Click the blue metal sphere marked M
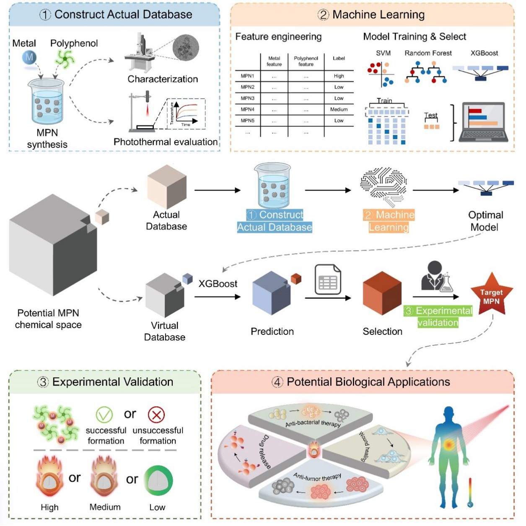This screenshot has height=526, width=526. (x=29, y=57)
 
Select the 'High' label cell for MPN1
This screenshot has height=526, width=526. (x=339, y=76)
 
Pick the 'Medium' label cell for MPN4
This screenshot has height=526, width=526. (x=339, y=109)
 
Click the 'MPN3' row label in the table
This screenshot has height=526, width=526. (x=247, y=98)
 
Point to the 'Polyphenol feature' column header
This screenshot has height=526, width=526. (x=306, y=61)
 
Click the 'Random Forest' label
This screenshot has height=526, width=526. (x=428, y=53)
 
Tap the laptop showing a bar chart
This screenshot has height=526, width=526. (x=483, y=122)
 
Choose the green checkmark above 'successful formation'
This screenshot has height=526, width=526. (x=104, y=415)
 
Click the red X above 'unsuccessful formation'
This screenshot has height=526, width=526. (x=156, y=415)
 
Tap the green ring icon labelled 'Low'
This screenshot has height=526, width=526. (x=158, y=480)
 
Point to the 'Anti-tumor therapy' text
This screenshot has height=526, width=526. (x=317, y=477)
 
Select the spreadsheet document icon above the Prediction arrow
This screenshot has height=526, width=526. (x=328, y=279)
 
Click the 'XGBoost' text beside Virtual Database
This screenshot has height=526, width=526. (x=218, y=284)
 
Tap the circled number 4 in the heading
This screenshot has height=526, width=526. (x=277, y=382)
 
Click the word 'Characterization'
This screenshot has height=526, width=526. (x=163, y=79)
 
